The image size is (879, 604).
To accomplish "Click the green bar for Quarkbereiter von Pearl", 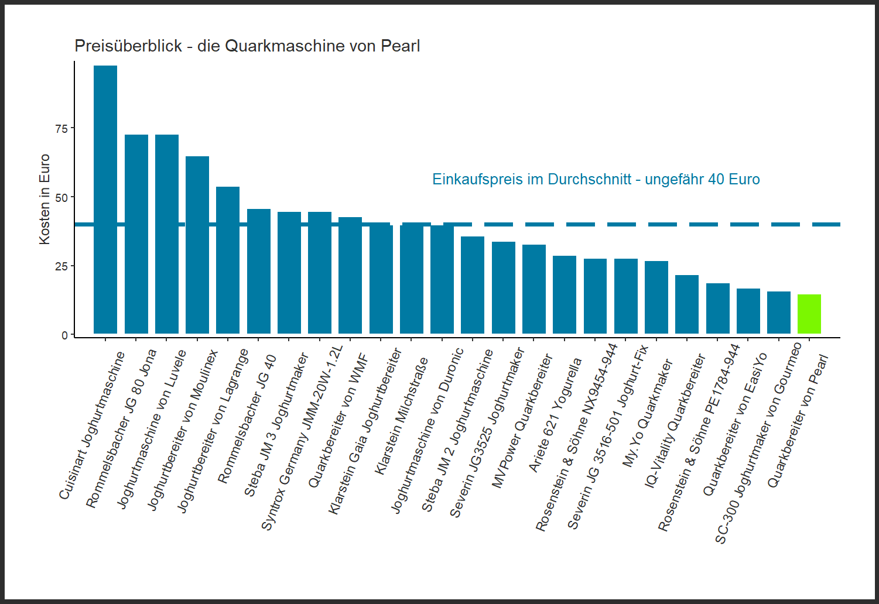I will tap(809, 314).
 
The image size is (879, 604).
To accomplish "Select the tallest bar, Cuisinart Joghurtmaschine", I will tap(105, 200).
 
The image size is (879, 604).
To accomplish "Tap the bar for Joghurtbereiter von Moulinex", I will tap(197, 245).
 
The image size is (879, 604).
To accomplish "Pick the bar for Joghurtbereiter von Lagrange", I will tap(228, 260).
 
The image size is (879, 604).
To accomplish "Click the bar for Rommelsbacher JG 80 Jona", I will tap(136, 234).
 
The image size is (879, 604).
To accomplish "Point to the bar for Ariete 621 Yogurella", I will tap(565, 295).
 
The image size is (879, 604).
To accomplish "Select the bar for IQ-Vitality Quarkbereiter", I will tap(687, 304).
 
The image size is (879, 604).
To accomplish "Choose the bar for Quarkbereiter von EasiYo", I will tap(748, 311).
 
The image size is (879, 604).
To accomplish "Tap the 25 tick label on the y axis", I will tap(61, 267).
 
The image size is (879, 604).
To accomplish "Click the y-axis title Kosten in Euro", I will tap(45, 199).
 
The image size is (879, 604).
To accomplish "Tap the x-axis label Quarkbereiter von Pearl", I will tap(798, 421).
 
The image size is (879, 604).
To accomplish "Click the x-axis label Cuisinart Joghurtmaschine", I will tap(92, 425).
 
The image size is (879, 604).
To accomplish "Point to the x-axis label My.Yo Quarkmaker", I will tap(647, 413).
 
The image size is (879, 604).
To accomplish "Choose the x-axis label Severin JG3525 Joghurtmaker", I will tap(487, 433).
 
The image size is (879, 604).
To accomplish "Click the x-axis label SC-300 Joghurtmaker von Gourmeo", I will tap(758, 443).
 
